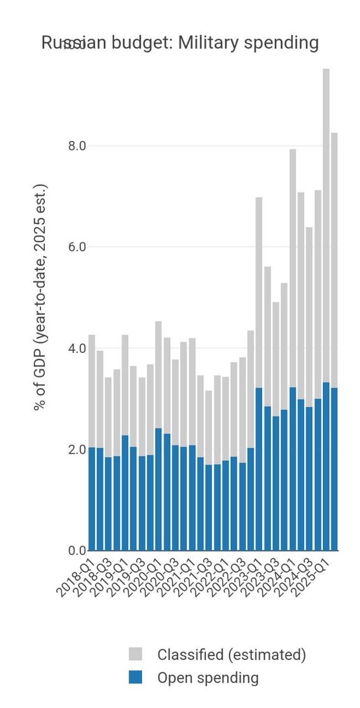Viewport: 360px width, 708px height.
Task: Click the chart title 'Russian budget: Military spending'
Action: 180,43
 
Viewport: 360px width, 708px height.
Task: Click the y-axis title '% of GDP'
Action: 40,298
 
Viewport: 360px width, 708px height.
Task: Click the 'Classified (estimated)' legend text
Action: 231,654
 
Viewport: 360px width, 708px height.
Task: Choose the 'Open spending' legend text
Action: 208,678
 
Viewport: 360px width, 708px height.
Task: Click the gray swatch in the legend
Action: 135,654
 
